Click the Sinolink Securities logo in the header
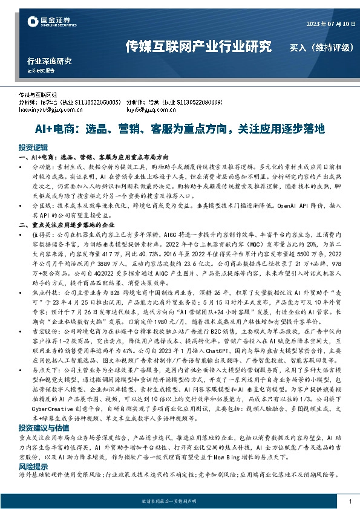(x=51, y=22)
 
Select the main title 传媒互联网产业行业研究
(x=198, y=46)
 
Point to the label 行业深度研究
(x=49, y=60)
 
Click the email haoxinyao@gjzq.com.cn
(x=51, y=110)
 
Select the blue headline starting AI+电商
(x=179, y=129)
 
